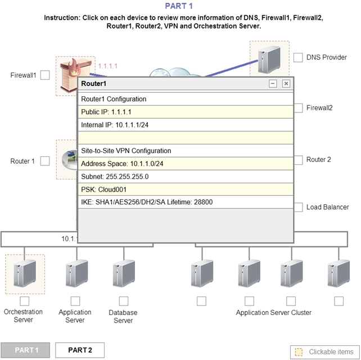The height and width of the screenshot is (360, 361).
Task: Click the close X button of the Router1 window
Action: (286, 84)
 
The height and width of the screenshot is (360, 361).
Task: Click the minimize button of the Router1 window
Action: (273, 84)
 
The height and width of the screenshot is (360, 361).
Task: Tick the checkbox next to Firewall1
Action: (45, 75)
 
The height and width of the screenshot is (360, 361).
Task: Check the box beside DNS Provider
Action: (298, 57)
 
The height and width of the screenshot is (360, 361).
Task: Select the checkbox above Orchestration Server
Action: (25, 301)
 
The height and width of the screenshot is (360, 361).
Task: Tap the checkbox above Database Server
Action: (124, 301)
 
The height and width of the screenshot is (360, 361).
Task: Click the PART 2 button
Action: (80, 350)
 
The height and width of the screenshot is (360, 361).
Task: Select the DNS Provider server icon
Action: (269, 60)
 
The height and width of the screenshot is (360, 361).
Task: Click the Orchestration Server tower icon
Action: (25, 273)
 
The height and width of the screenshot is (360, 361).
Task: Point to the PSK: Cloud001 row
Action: (186, 190)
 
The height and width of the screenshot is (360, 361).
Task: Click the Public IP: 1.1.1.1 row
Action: (186, 112)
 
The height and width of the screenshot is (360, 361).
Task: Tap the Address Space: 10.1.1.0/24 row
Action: (186, 164)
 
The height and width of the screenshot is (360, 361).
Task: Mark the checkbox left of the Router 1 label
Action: (45, 161)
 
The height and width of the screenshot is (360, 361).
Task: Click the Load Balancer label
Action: (327, 207)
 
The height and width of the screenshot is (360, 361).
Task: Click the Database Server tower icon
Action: (124, 273)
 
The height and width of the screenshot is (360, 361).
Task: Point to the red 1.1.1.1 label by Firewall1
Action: (108, 66)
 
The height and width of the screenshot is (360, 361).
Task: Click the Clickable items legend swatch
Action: (299, 352)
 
